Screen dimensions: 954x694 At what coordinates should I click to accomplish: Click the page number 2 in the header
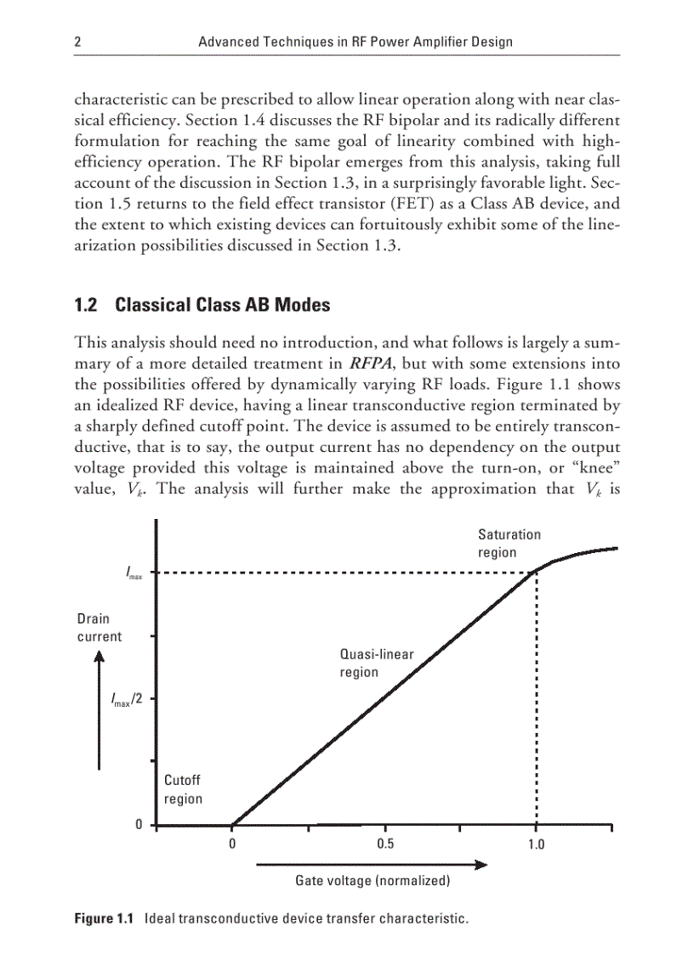click(x=78, y=42)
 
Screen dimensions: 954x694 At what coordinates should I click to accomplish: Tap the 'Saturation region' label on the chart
click(x=509, y=543)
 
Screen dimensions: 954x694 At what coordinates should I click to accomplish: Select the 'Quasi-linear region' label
click(x=376, y=663)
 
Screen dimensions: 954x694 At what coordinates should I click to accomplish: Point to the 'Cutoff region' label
click(x=183, y=789)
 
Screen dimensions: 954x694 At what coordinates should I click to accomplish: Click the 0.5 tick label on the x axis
click(x=384, y=844)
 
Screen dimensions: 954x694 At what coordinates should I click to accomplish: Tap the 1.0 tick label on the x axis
click(x=536, y=844)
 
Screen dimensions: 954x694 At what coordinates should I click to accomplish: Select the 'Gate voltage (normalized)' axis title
click(x=372, y=881)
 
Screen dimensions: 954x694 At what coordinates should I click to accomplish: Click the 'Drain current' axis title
click(x=100, y=628)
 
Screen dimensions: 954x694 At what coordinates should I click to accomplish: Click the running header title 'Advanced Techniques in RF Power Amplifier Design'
click(x=355, y=42)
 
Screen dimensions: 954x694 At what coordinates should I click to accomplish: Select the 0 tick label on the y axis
click(x=139, y=825)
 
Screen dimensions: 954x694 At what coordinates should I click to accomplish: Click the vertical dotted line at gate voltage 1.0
click(x=536, y=697)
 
